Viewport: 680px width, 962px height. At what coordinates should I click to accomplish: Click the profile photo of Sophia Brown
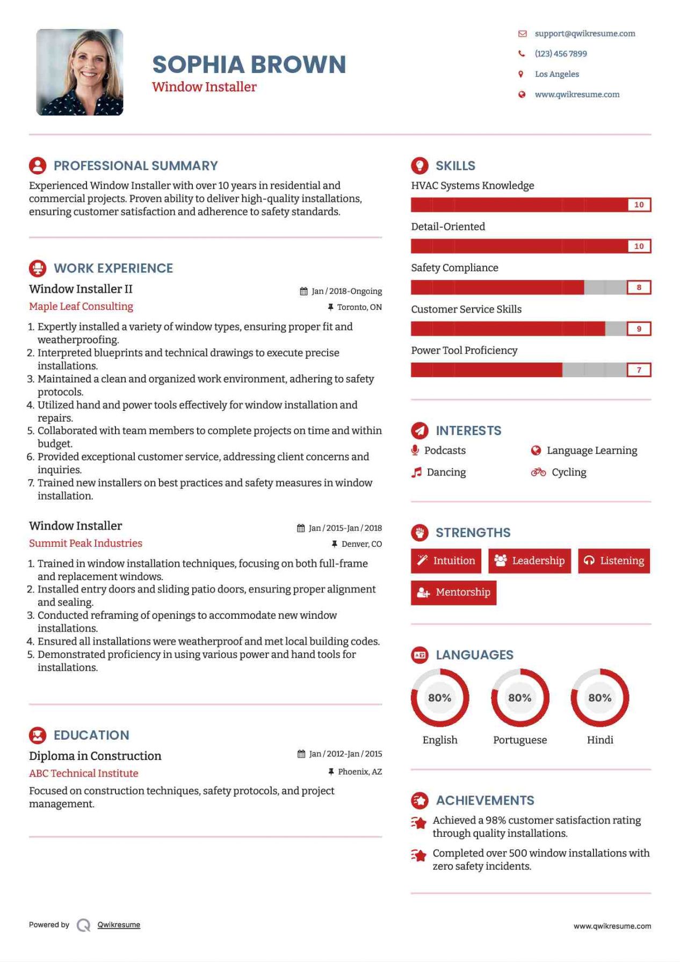click(x=79, y=73)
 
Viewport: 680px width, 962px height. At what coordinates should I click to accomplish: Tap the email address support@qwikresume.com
click(x=584, y=33)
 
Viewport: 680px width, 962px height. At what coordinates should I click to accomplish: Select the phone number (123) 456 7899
click(x=560, y=54)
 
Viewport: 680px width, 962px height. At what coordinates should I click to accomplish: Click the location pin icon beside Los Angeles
click(x=520, y=74)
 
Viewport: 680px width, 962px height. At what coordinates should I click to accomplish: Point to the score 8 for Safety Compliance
click(x=639, y=287)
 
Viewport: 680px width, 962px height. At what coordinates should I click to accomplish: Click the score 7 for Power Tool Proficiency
click(x=639, y=370)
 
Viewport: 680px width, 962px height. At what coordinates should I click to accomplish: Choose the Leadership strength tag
click(x=530, y=561)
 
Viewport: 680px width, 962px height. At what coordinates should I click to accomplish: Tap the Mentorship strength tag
click(x=454, y=592)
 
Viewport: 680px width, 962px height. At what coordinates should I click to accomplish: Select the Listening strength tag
click(x=614, y=561)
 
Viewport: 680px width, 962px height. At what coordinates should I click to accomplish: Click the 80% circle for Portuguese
click(x=519, y=698)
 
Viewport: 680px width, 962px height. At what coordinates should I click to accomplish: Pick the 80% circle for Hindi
click(x=599, y=698)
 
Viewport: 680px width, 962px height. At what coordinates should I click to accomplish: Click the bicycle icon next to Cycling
click(x=538, y=472)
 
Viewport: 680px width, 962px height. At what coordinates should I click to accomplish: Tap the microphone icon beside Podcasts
click(x=415, y=450)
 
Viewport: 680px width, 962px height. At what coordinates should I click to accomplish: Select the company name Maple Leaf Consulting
click(x=81, y=306)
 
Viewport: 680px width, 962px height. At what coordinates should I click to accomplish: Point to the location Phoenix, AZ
click(x=359, y=772)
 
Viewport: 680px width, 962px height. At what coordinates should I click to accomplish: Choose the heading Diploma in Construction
click(x=95, y=756)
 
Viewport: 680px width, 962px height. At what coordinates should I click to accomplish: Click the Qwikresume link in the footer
click(x=119, y=924)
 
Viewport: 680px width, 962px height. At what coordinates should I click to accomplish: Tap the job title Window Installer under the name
click(x=204, y=87)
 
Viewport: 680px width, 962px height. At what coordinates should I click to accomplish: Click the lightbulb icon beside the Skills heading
click(x=419, y=165)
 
